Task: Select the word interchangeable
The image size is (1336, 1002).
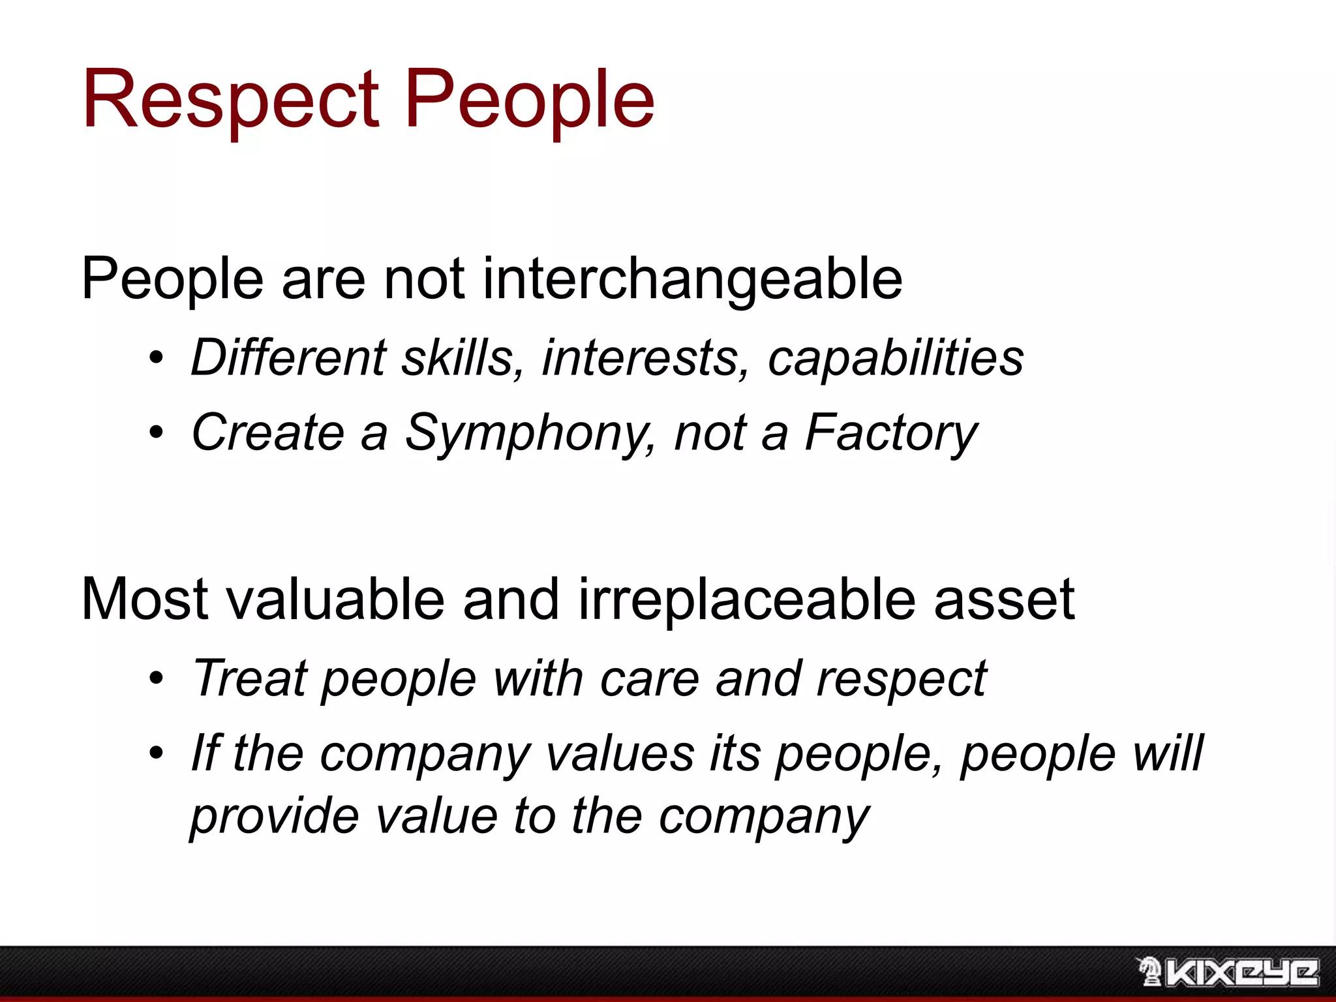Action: [692, 279]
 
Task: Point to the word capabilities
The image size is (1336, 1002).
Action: [895, 359]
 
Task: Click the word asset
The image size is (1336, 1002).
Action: [1004, 600]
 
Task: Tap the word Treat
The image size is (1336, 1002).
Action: [249, 678]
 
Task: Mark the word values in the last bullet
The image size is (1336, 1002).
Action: [620, 753]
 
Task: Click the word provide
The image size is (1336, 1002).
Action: [275, 816]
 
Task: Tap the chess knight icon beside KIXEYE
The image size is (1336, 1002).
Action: [1149, 971]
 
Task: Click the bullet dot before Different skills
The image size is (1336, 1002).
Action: [155, 358]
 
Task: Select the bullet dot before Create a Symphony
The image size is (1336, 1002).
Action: [155, 433]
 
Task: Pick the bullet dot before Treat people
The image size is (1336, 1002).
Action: [155, 678]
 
